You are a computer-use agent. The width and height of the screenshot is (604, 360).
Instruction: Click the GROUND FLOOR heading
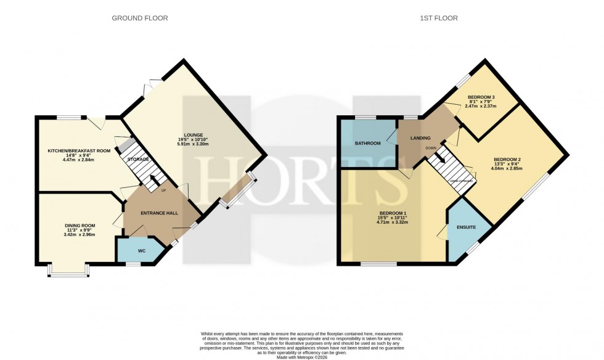coord(139,18)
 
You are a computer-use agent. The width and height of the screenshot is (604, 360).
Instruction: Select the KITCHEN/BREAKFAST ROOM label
coord(79,150)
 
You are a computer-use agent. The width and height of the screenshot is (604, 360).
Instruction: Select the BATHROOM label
coord(367,143)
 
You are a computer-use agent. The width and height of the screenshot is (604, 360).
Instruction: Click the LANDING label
coord(420,138)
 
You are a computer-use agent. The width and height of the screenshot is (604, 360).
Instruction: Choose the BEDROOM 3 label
coord(481,97)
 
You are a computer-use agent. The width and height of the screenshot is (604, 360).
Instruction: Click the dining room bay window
coord(68,272)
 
